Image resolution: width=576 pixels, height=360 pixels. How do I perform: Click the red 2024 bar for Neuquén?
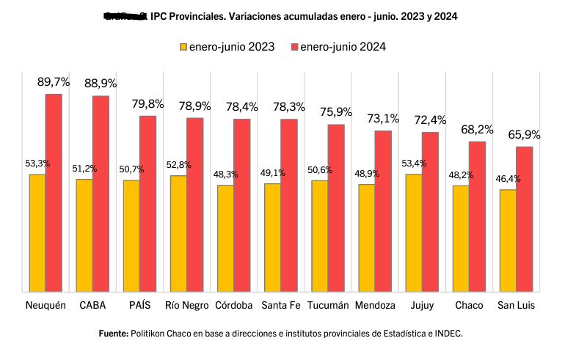54,193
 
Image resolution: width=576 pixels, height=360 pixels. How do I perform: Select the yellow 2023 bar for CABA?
84,235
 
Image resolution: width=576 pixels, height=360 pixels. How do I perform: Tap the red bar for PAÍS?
147,204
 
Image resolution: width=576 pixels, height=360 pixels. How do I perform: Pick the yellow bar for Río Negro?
178,234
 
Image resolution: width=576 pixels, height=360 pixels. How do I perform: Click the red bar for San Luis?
524,219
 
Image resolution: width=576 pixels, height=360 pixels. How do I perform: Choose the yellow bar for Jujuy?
414,233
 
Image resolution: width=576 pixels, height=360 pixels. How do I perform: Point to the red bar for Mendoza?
383,211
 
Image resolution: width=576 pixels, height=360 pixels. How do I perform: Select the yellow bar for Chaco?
461,239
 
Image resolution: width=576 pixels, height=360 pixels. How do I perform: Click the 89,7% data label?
54,82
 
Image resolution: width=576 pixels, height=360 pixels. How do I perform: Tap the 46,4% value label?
508,178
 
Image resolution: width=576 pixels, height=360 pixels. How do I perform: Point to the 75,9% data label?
336,112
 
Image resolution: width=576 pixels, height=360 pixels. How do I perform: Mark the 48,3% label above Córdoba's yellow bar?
225,175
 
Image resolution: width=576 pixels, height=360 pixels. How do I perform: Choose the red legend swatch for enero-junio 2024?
294,47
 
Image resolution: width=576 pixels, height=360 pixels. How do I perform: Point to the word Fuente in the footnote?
113,334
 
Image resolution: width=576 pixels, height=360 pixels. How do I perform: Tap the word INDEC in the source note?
448,334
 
